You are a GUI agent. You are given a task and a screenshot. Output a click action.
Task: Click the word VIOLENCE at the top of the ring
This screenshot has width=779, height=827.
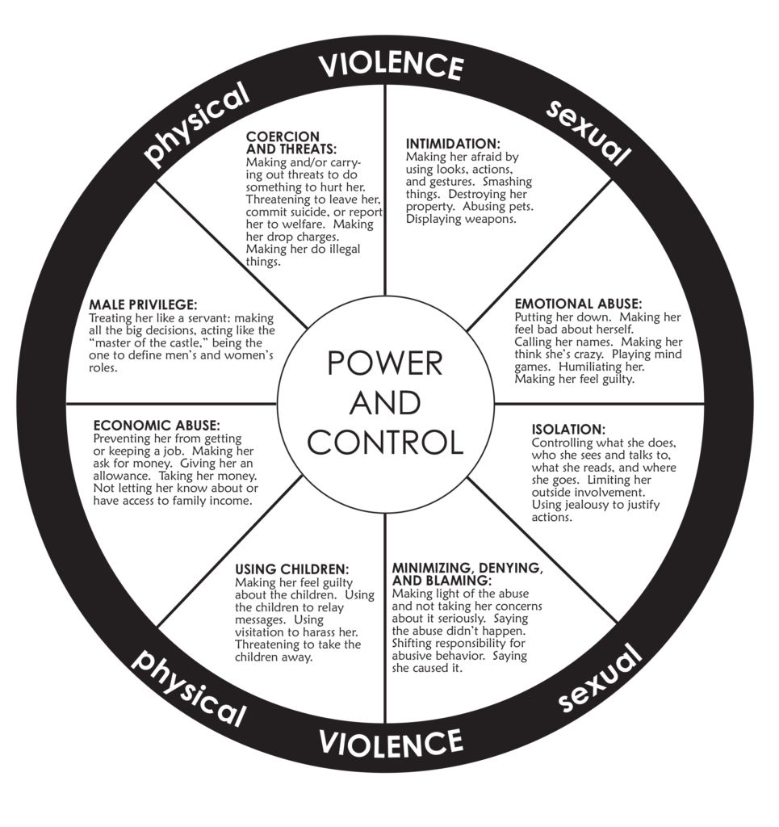pyautogui.click(x=390, y=65)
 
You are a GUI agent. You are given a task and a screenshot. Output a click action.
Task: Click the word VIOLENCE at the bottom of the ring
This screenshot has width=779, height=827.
pyautogui.click(x=390, y=740)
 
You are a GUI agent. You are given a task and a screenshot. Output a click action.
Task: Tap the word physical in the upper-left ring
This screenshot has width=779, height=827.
pyautogui.click(x=196, y=128)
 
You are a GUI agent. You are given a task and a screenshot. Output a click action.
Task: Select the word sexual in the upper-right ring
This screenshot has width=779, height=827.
pyautogui.click(x=588, y=132)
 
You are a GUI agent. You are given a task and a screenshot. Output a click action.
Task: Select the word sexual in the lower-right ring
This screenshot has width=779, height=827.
pyautogui.click(x=599, y=681)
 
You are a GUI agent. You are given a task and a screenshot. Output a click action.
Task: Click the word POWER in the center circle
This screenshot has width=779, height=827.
pyautogui.click(x=385, y=364)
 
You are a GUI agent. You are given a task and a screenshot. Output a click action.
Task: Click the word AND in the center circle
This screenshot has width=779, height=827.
pyautogui.click(x=385, y=403)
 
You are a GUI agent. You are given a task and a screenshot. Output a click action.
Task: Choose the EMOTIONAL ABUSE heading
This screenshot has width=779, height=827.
pyautogui.click(x=578, y=304)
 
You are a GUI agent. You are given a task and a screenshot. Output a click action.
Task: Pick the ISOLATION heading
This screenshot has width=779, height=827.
pyautogui.click(x=567, y=429)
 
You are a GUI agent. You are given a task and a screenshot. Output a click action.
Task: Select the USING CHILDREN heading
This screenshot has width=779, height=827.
pyautogui.click(x=291, y=569)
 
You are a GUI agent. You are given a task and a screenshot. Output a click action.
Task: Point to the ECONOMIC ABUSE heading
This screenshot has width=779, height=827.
pyautogui.click(x=157, y=425)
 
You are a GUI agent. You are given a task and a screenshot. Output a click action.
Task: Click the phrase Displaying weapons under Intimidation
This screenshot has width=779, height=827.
pyautogui.click(x=461, y=219)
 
